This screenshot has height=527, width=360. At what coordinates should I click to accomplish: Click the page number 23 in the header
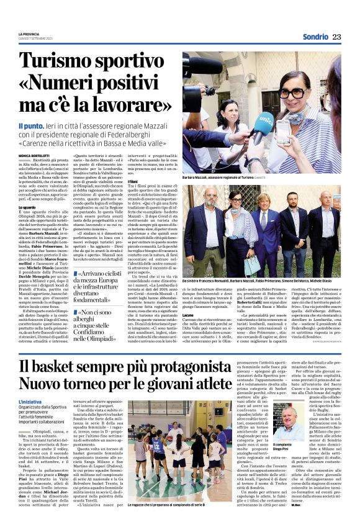(x=336, y=37)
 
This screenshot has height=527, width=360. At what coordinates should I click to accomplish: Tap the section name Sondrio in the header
(x=314, y=37)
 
